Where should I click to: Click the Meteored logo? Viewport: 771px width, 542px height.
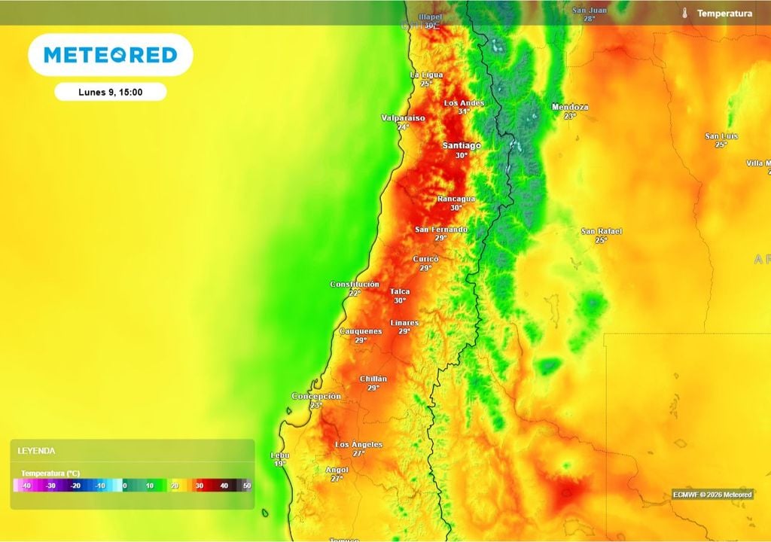click(x=111, y=55)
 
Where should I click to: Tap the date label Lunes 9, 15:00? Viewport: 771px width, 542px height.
click(x=111, y=93)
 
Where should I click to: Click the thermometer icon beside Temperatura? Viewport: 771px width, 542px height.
click(x=685, y=14)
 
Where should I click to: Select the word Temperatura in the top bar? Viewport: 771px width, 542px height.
click(x=724, y=14)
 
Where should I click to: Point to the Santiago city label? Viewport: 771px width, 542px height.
click(x=462, y=145)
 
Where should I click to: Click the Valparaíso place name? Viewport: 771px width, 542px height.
click(x=403, y=118)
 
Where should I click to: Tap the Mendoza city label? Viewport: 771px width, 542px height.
click(x=570, y=107)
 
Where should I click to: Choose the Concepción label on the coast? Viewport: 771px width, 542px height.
click(x=316, y=396)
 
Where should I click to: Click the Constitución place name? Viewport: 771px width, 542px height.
click(x=355, y=284)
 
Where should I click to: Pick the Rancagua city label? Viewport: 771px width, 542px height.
click(x=456, y=199)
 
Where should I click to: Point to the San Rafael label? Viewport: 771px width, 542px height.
click(x=602, y=231)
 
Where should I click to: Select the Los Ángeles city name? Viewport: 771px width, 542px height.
click(x=358, y=444)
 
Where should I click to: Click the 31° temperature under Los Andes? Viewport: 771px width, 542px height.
click(x=464, y=111)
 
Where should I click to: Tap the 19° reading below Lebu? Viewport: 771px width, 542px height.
click(x=279, y=464)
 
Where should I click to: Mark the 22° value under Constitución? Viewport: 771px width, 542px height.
click(x=355, y=293)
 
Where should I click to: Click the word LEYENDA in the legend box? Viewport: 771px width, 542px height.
click(x=36, y=451)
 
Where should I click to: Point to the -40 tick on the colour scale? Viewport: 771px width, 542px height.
click(x=26, y=486)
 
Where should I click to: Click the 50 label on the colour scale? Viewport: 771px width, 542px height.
click(x=247, y=486)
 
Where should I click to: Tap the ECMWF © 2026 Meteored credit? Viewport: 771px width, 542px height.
click(x=712, y=495)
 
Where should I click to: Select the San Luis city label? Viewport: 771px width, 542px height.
click(x=721, y=136)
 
